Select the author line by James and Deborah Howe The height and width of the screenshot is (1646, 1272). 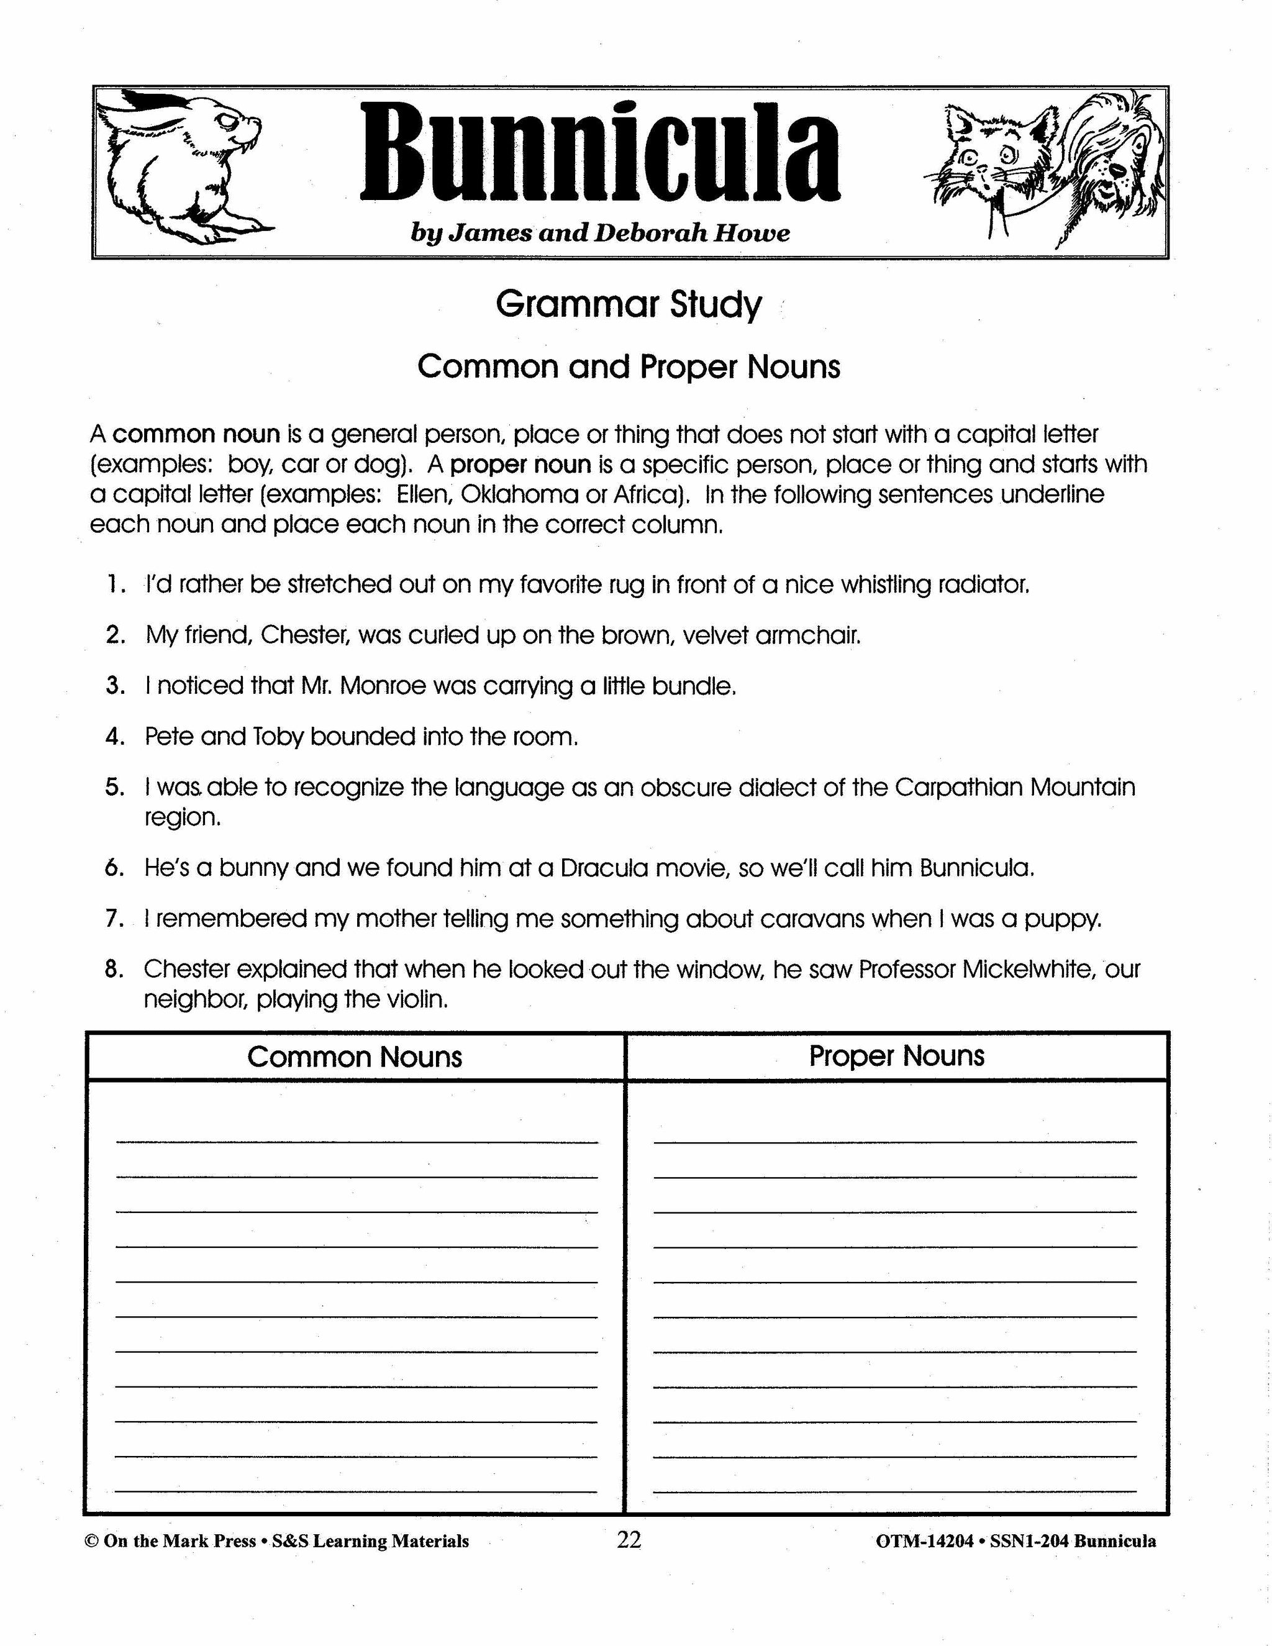click(x=600, y=233)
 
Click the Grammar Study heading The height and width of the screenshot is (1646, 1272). click(x=629, y=304)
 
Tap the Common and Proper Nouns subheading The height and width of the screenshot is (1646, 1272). click(x=629, y=367)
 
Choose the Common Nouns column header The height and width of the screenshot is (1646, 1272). click(x=354, y=1057)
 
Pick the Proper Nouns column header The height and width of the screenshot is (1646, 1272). click(x=896, y=1056)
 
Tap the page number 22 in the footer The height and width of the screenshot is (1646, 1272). click(x=629, y=1540)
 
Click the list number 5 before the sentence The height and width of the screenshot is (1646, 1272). click(x=114, y=788)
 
